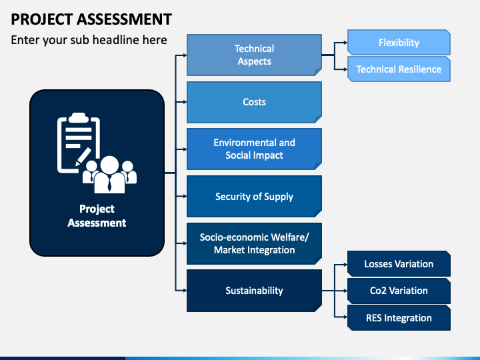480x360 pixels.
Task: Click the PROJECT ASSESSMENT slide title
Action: click(x=91, y=19)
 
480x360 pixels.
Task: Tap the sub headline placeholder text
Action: click(x=89, y=40)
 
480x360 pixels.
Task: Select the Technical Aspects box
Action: click(x=254, y=55)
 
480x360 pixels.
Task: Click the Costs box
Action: click(x=254, y=102)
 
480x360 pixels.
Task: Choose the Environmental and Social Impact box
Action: click(x=254, y=149)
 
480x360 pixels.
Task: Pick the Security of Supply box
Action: click(x=254, y=196)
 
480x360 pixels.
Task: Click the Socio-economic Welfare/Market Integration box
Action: click(x=254, y=244)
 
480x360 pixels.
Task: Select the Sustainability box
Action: click(x=254, y=291)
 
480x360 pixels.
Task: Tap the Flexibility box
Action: click(x=399, y=42)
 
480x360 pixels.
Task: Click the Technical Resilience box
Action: click(x=399, y=69)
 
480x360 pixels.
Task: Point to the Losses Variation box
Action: click(x=399, y=264)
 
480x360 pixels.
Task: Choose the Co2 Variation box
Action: click(x=399, y=291)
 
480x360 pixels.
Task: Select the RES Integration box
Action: click(x=399, y=318)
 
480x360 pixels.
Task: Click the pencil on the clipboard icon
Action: click(x=83, y=157)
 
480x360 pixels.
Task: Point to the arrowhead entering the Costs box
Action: click(x=185, y=102)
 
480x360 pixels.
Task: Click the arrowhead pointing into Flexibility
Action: click(x=345, y=43)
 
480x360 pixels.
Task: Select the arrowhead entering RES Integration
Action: click(x=345, y=317)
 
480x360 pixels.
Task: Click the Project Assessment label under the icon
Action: click(x=97, y=216)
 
